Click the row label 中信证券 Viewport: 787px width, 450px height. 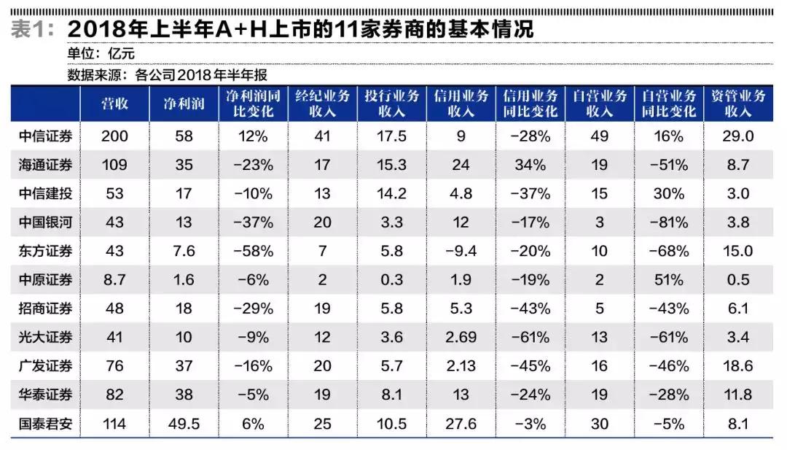click(45, 136)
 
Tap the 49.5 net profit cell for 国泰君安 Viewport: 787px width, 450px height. click(184, 423)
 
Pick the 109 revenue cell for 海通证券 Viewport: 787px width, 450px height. click(114, 165)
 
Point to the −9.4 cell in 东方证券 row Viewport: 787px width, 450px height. click(461, 251)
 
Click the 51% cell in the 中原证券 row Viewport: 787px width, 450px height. click(669, 280)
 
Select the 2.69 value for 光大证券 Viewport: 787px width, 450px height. click(461, 337)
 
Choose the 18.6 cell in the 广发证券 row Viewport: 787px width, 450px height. click(737, 366)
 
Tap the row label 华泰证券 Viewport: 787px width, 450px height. click(45, 395)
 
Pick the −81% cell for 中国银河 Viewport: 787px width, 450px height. click(669, 222)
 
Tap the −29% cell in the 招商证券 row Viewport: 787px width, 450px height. click(253, 309)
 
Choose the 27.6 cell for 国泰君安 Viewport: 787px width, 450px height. click(461, 423)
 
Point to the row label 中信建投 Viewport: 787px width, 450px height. click(45, 194)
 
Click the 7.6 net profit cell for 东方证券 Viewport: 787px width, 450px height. click(184, 251)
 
